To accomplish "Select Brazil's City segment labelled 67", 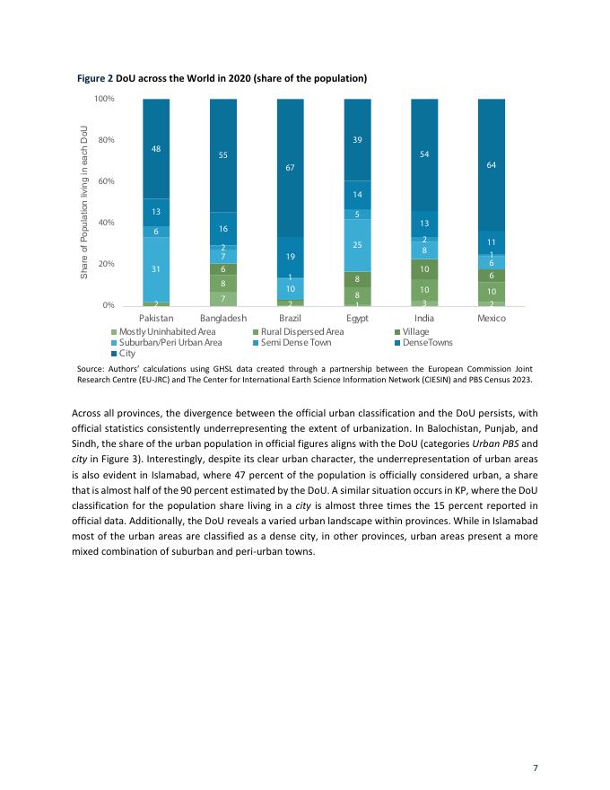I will [x=291, y=167].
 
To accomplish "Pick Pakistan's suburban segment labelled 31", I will [x=156, y=269].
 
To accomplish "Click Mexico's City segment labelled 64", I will [x=492, y=164].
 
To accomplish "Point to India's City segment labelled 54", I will [x=424, y=154].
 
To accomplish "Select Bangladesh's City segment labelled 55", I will [x=223, y=155].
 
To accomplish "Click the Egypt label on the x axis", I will [x=358, y=319].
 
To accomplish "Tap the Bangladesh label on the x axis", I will [x=223, y=319].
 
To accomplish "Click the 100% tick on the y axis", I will [x=102, y=99].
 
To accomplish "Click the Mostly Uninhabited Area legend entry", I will [x=161, y=331].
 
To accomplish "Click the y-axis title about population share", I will [x=84, y=202].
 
